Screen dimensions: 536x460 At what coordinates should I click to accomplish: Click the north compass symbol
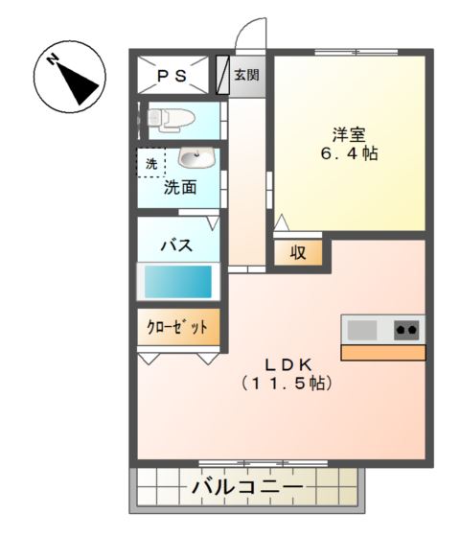(x=68, y=78)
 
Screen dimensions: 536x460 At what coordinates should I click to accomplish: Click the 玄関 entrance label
(x=246, y=75)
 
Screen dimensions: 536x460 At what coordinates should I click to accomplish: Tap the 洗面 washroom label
(x=179, y=187)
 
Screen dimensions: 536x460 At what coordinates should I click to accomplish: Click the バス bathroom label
(x=176, y=245)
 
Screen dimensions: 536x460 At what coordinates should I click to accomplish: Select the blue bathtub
(x=178, y=282)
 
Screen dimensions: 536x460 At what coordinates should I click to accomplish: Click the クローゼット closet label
(x=177, y=327)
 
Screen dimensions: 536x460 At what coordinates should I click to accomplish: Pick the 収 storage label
(x=298, y=253)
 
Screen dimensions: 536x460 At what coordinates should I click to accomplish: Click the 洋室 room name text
(x=348, y=134)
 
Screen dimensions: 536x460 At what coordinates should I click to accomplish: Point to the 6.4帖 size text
(x=348, y=153)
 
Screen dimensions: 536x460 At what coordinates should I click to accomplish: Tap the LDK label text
(x=287, y=364)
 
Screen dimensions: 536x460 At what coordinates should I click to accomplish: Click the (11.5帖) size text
(x=287, y=384)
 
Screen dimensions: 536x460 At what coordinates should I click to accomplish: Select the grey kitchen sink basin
(x=361, y=330)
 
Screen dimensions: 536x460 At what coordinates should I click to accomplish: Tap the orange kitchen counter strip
(x=382, y=352)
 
